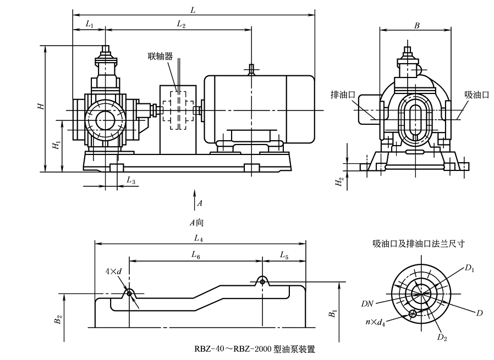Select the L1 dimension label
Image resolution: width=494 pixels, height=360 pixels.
(90, 24)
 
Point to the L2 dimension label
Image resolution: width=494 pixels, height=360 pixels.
(181, 24)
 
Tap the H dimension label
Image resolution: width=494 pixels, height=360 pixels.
(40, 106)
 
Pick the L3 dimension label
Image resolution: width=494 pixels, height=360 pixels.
(130, 180)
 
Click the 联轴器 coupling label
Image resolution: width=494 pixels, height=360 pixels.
(160, 56)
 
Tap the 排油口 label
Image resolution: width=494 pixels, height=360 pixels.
(342, 94)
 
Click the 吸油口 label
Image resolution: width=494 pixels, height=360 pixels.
(476, 94)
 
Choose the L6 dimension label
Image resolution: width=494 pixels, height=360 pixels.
(196, 255)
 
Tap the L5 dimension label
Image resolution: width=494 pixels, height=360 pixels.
(284, 255)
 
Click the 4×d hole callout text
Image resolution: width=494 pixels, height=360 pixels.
(113, 272)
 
